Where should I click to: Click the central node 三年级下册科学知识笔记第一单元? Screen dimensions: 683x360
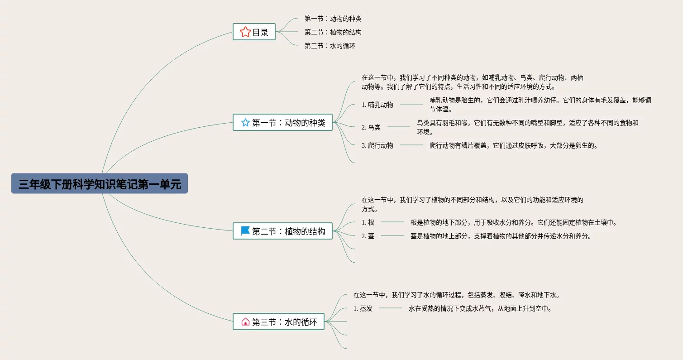point(99,184)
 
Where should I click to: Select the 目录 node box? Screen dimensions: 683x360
point(254,32)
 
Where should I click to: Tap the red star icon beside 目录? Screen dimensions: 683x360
point(245,32)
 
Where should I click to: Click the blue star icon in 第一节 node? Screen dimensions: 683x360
point(245,122)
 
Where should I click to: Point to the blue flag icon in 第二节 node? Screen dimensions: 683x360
point(245,231)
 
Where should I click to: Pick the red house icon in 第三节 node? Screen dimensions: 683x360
point(245,322)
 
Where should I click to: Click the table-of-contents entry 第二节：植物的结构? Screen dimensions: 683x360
point(333,32)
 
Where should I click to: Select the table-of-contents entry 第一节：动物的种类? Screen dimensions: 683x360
point(333,19)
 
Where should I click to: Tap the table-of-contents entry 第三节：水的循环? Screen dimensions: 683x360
point(330,46)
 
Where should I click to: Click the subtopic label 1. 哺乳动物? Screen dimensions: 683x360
point(377,105)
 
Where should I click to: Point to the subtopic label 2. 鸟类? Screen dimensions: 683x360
point(371,127)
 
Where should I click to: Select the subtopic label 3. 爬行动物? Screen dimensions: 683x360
point(377,145)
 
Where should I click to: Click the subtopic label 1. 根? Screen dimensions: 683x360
point(368,222)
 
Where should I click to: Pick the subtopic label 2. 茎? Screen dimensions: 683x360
point(368,236)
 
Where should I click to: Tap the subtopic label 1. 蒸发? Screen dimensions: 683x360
point(363,308)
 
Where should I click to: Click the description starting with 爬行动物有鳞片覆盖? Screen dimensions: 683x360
point(513,145)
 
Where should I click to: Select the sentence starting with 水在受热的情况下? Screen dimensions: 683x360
point(480,308)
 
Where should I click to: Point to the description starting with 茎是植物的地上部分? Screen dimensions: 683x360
point(501,236)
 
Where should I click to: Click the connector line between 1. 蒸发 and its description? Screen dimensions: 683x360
point(391,308)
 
